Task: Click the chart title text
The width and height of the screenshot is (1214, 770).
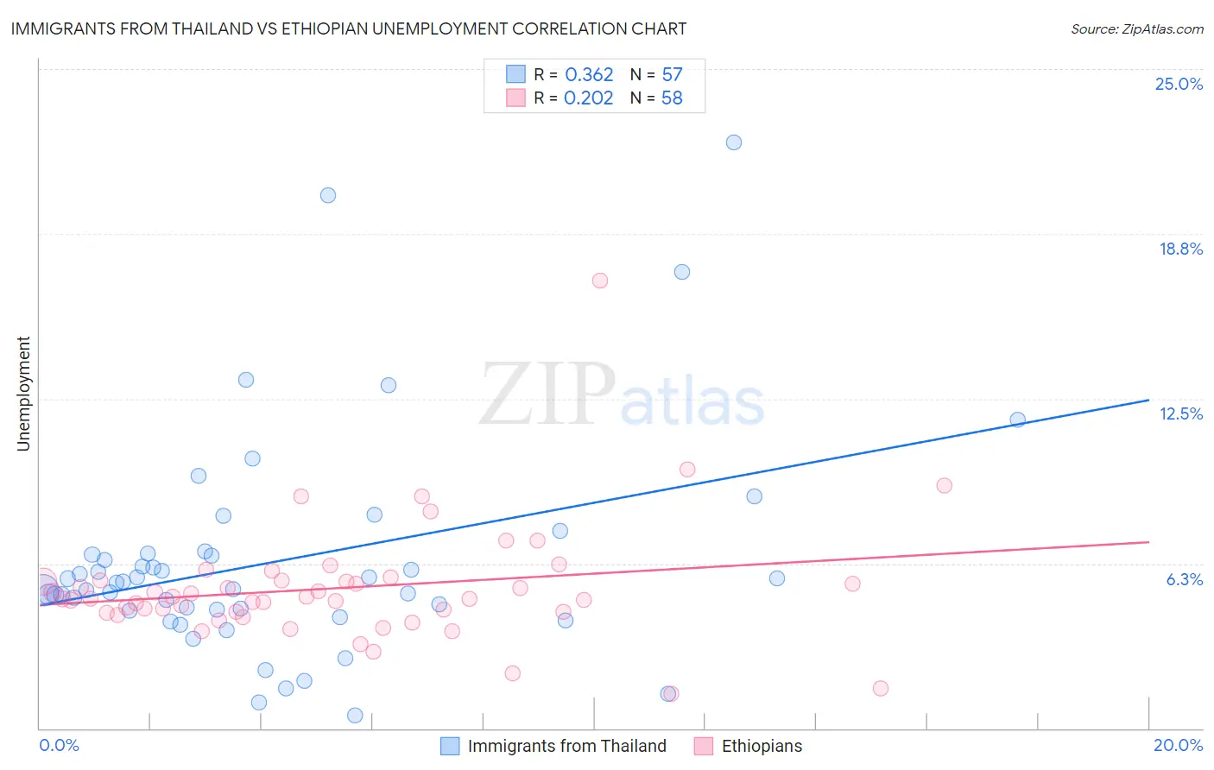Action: pyautogui.click(x=349, y=28)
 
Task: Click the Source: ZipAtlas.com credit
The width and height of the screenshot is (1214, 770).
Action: pyautogui.click(x=1136, y=28)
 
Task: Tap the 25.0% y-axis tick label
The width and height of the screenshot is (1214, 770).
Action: pyautogui.click(x=1179, y=84)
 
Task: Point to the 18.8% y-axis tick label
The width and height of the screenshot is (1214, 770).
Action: pyautogui.click(x=1180, y=249)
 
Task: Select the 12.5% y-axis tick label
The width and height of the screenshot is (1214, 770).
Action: pyautogui.click(x=1180, y=413)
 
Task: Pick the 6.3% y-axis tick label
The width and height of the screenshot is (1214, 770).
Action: pyautogui.click(x=1184, y=579)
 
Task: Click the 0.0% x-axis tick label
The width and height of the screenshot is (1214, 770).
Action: pyautogui.click(x=59, y=745)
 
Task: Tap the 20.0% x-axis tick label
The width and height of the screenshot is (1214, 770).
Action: pyautogui.click(x=1178, y=745)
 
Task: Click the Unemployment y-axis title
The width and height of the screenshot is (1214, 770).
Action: pyautogui.click(x=23, y=394)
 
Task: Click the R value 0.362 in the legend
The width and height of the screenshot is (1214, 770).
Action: pyautogui.click(x=589, y=75)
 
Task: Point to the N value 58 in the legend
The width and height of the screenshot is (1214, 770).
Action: pyautogui.click(x=672, y=98)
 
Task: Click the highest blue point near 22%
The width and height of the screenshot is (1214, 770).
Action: pyautogui.click(x=734, y=142)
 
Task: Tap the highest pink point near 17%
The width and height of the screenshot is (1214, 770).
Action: pyautogui.click(x=600, y=281)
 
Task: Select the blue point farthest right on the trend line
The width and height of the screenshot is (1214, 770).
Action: pyautogui.click(x=1018, y=420)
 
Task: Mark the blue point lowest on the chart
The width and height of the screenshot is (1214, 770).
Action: pyautogui.click(x=355, y=716)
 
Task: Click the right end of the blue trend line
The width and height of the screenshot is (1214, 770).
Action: pyautogui.click(x=1148, y=400)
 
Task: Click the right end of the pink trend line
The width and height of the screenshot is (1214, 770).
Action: pyautogui.click(x=1148, y=542)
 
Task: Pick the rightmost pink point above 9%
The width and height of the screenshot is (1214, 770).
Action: pyautogui.click(x=945, y=485)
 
